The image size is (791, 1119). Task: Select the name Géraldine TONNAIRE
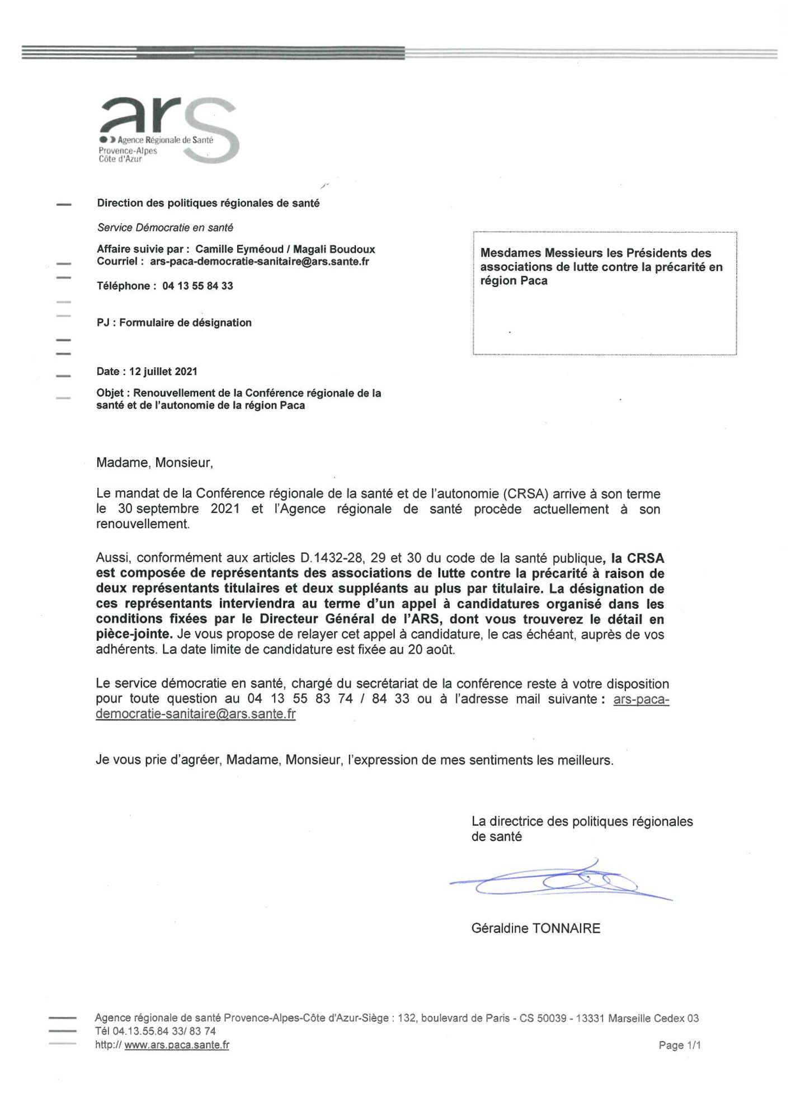(x=535, y=928)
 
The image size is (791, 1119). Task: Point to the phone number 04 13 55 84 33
(x=197, y=286)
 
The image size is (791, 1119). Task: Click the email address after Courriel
(x=260, y=262)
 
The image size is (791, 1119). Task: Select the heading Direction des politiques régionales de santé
(x=208, y=204)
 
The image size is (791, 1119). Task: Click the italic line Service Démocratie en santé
(x=165, y=228)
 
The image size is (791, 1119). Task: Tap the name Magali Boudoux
(x=334, y=250)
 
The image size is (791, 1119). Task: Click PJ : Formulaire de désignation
(x=174, y=323)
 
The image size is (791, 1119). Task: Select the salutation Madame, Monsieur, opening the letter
(x=154, y=463)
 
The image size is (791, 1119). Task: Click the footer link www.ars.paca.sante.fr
(x=176, y=1045)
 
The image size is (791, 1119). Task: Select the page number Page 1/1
(x=679, y=1045)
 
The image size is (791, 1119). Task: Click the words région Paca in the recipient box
(x=514, y=281)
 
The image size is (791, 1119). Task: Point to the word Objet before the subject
(x=111, y=393)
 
